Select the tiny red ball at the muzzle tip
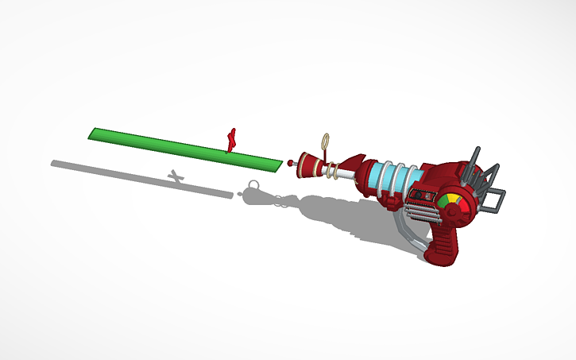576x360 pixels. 291,163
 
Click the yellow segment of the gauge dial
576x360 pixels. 451,198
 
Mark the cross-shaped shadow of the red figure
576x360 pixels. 176,176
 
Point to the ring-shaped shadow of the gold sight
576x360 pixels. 253,186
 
